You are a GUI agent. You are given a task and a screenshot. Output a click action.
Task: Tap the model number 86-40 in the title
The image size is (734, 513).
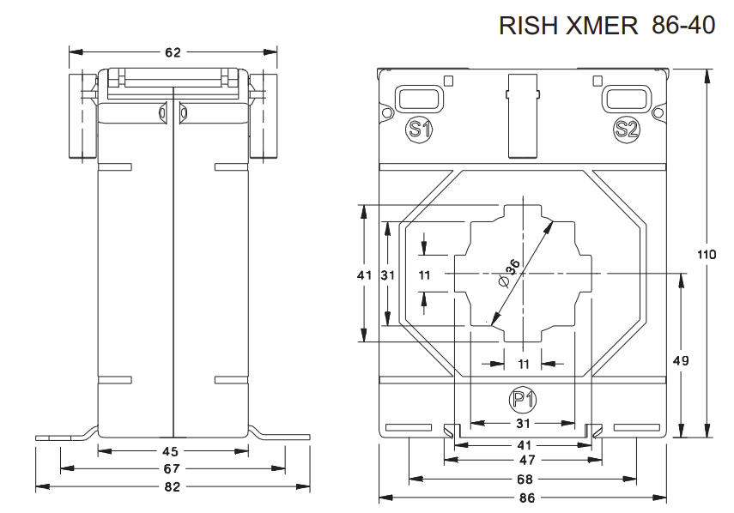pos(683,26)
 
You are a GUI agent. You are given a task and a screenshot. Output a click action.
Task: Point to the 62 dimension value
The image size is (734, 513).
pos(173,53)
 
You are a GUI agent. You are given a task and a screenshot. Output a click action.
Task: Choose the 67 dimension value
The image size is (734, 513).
pos(173,469)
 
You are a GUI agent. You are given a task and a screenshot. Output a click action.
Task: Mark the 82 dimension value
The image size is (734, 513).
pos(173,486)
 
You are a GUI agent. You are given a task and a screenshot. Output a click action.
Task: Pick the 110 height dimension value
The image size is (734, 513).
pos(706,255)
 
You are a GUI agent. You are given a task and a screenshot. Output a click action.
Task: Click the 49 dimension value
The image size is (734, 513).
pos(681,361)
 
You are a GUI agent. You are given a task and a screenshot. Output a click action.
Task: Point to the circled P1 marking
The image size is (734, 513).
pos(524,399)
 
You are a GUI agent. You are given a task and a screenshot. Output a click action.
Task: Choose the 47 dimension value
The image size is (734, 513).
pos(524,461)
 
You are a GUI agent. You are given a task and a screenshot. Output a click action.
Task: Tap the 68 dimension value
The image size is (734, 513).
pos(524,479)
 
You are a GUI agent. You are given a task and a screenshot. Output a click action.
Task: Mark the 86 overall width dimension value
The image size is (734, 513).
pos(524,498)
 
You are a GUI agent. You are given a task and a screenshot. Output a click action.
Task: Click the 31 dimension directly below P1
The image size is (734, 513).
pos(524,424)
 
